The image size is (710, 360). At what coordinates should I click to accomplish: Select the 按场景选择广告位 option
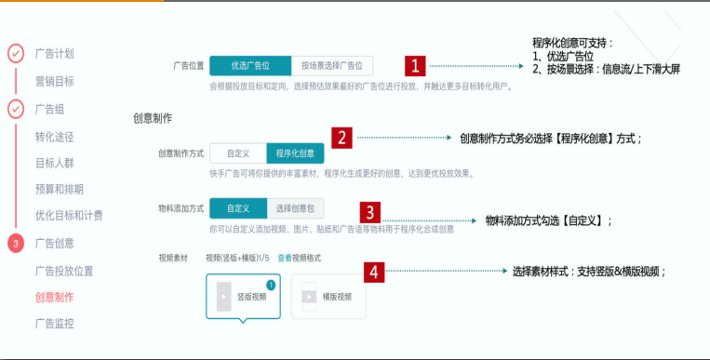331,65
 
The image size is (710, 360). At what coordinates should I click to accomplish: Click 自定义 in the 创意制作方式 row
237,153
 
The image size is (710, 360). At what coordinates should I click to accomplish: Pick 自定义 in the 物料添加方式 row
237,208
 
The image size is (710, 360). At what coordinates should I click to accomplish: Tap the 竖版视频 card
243,297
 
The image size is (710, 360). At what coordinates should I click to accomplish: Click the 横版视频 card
328,297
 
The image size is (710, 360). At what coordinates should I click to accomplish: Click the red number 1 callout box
414,66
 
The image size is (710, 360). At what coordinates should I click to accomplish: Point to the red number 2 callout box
342,139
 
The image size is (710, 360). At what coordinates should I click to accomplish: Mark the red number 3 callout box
369,211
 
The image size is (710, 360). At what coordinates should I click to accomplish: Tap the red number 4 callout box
374,272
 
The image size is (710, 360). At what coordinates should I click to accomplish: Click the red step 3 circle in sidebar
16,244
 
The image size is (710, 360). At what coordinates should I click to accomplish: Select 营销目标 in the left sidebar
54,81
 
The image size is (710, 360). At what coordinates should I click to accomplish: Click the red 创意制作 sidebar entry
54,298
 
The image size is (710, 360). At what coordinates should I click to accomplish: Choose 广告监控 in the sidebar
54,324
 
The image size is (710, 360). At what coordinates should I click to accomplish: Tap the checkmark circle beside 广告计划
16,53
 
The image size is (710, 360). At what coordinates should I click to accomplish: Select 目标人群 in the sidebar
54,163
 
